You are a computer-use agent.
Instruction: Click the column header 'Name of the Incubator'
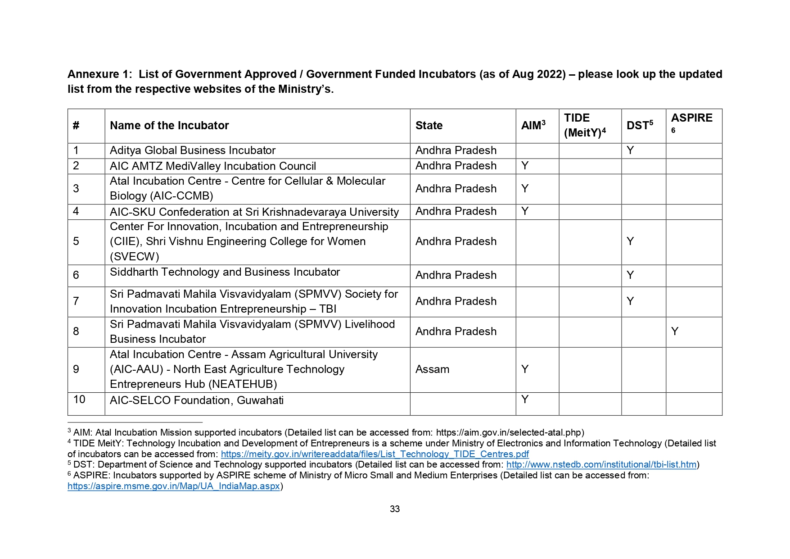(169, 126)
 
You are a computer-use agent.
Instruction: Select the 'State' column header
(429, 126)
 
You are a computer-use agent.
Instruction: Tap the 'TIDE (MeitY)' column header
(585, 125)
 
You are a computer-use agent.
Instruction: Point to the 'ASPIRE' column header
(691, 118)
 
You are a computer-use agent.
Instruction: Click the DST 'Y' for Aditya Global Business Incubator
(630, 150)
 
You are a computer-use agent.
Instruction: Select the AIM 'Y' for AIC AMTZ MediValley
(524, 166)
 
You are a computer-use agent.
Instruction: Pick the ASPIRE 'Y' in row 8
(674, 332)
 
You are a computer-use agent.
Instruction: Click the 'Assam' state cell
(432, 369)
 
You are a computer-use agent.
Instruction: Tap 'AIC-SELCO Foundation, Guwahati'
(197, 400)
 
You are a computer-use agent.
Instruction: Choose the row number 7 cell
(76, 301)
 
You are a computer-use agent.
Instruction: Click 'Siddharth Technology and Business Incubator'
(225, 272)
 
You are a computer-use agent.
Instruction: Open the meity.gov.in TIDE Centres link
(375, 454)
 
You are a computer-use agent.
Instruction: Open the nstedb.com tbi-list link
(601, 464)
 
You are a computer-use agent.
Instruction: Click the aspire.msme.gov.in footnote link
(174, 486)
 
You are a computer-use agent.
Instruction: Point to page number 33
(395, 509)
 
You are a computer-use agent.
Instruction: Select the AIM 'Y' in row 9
(524, 369)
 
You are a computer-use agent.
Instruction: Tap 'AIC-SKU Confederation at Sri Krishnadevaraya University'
(254, 212)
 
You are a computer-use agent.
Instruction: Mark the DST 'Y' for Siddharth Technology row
(630, 275)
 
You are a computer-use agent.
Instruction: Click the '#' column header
(76, 126)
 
